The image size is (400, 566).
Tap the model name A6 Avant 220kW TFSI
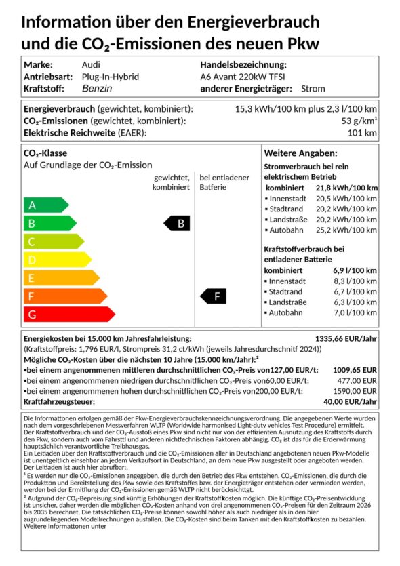[x=243, y=77]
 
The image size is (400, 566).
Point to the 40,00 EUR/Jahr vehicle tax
[x=349, y=402]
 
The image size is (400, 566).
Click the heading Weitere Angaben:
[x=300, y=153]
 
